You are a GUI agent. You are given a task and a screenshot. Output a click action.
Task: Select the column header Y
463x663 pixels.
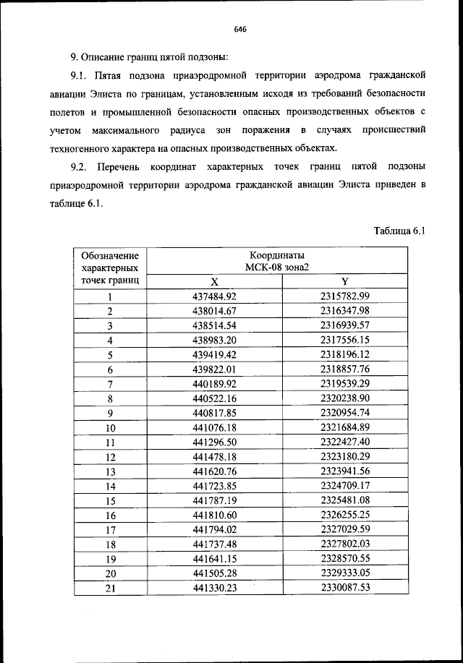point(345,281)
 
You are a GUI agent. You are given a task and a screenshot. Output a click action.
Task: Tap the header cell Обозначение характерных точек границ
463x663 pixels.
point(110,268)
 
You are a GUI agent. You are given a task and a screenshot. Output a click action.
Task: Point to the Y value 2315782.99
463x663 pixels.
point(345,296)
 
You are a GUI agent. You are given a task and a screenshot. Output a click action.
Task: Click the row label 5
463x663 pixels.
point(111,355)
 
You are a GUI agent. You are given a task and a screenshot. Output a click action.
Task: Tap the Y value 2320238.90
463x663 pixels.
point(345,398)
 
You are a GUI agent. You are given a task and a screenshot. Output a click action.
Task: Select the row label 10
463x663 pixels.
point(111,428)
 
